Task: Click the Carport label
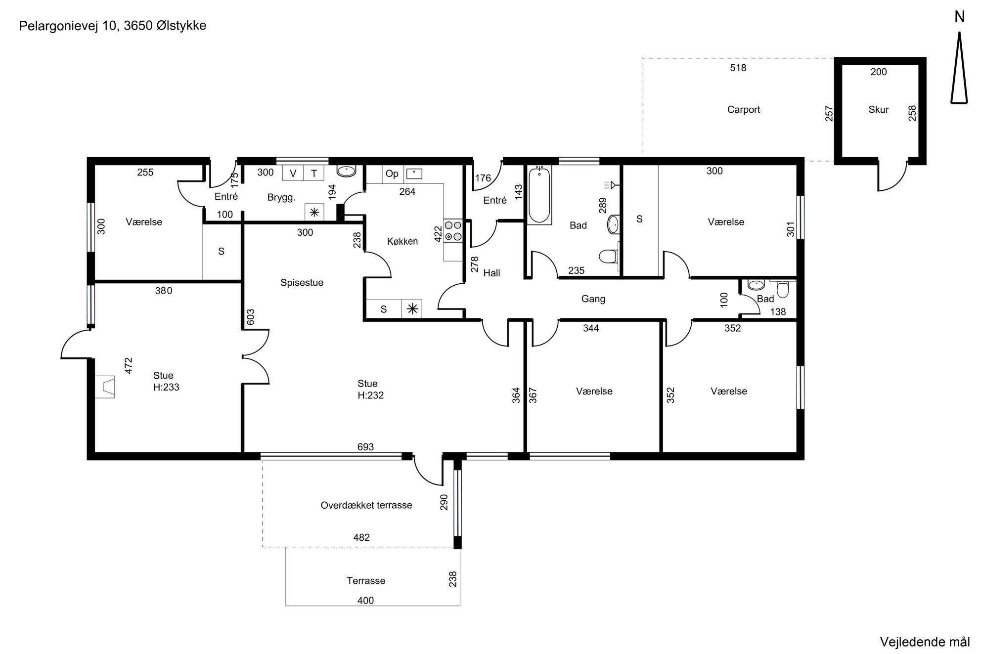pos(743,110)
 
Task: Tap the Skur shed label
pos(879,110)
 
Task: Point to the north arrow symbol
pos(959,68)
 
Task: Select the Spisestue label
pos(302,283)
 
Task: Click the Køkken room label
pos(402,241)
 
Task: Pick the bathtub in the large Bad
pos(539,195)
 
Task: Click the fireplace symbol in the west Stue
pos(105,387)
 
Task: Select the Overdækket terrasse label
pos(366,505)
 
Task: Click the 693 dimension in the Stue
pos(366,447)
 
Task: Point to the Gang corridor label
pos(593,299)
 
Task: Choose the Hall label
pos(491,273)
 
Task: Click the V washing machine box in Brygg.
pos(293,173)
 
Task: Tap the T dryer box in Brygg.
pos(313,173)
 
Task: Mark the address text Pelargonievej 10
pos(69,26)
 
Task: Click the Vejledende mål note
pos(925,642)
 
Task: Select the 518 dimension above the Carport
pos(738,68)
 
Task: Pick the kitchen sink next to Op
pos(413,174)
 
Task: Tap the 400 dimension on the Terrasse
pos(366,601)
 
